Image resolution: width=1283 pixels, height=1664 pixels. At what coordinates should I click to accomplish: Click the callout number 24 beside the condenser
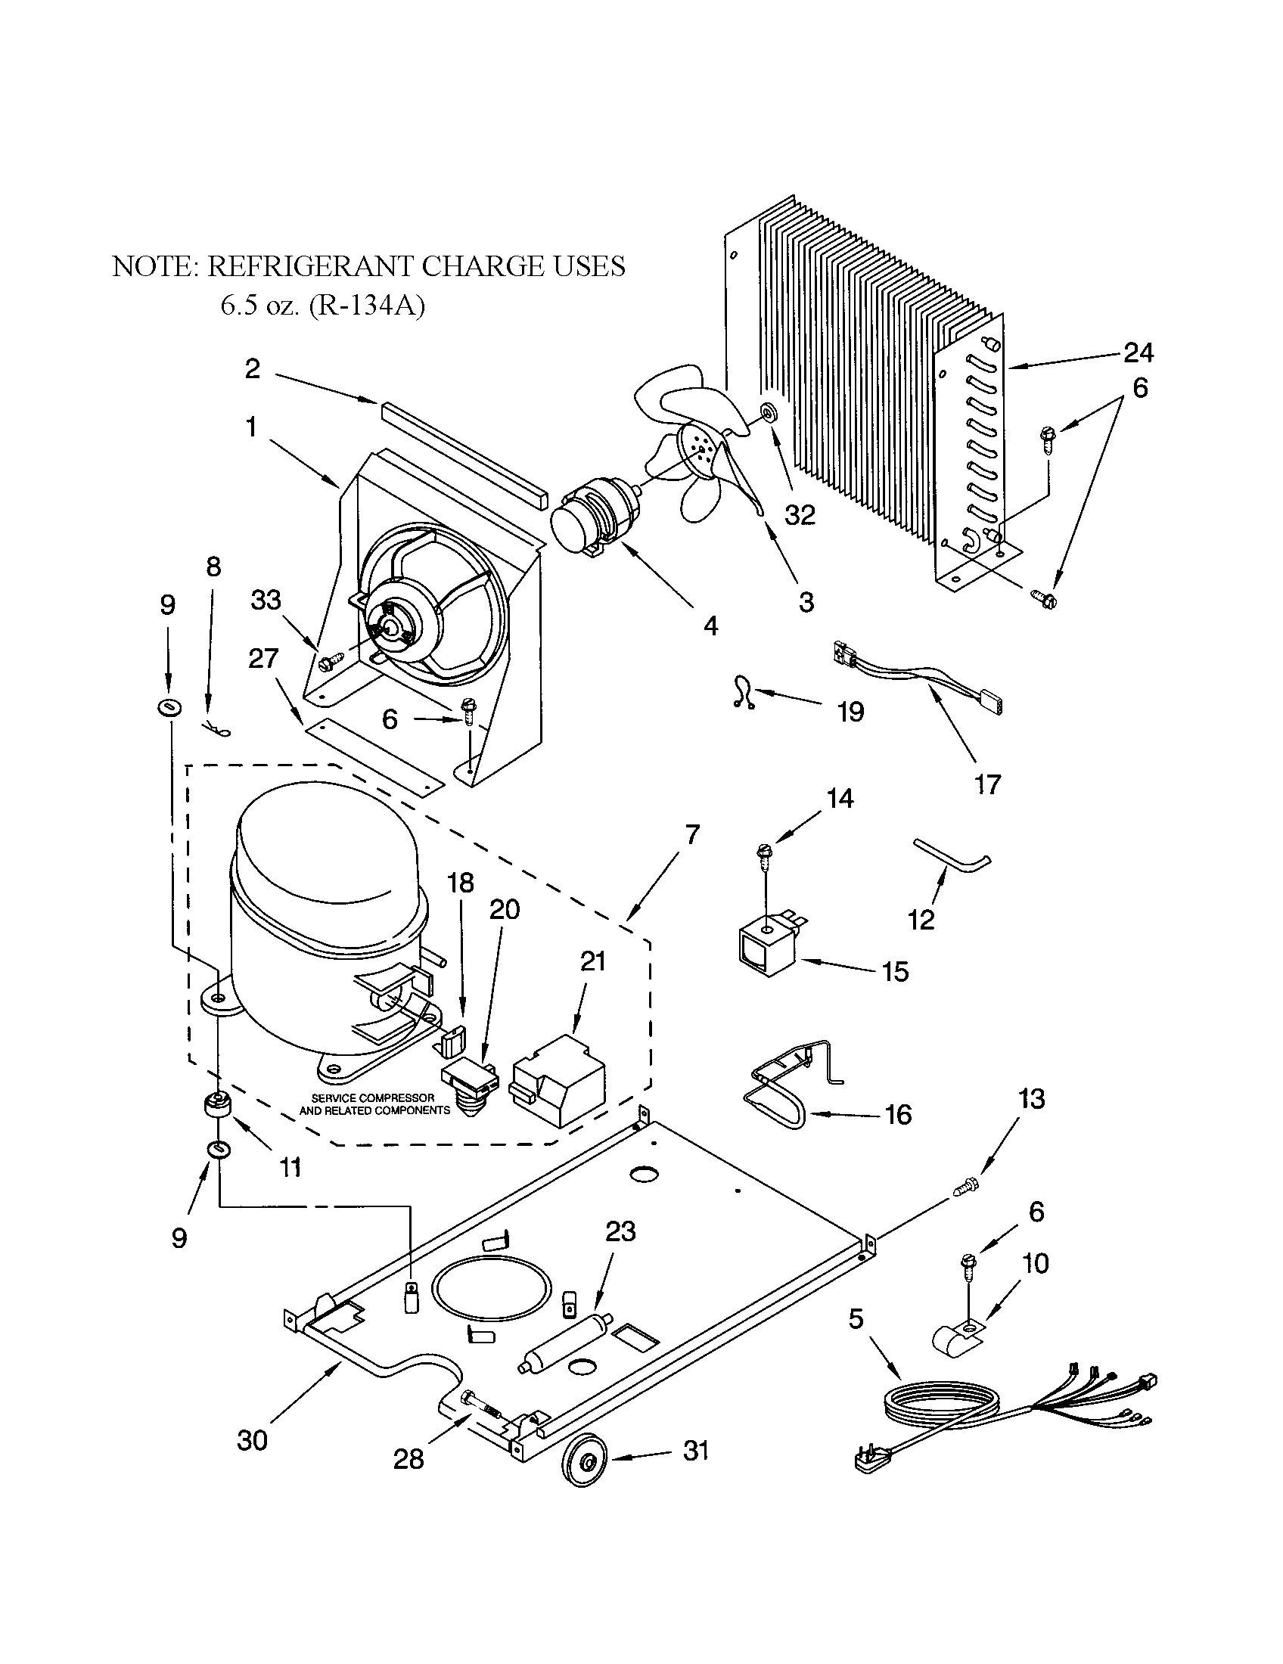[x=1139, y=352]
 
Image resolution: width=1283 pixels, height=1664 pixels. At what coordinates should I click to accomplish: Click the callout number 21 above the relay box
[x=593, y=961]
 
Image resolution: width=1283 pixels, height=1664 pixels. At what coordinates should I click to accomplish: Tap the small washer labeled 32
[x=767, y=413]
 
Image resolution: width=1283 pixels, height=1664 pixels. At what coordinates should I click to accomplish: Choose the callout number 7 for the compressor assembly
[x=691, y=835]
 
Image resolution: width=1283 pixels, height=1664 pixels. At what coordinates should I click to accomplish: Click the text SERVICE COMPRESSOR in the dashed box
[x=373, y=1098]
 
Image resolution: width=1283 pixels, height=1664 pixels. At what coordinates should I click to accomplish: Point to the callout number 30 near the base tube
[x=253, y=1440]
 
